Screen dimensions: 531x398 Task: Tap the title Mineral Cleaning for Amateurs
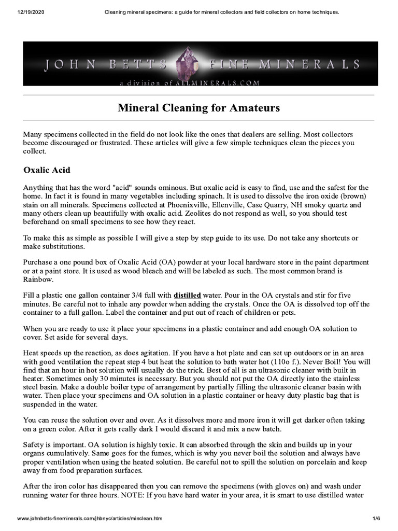(199, 108)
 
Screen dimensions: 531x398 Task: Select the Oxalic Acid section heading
(47, 170)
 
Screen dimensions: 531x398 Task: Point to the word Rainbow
(39, 280)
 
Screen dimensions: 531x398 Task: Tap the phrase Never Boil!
(319, 362)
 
